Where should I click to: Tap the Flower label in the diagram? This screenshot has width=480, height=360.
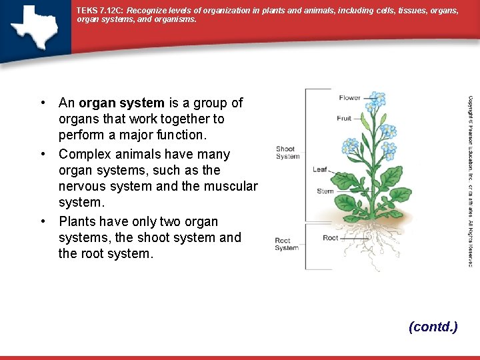[x=349, y=98]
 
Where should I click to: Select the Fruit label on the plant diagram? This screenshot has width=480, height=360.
[x=344, y=119]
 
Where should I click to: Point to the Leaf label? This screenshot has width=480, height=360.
[x=320, y=169]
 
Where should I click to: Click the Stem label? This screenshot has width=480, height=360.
[x=325, y=191]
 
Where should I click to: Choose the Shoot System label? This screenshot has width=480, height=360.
[x=287, y=153]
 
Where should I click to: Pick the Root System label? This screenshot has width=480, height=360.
[x=287, y=245]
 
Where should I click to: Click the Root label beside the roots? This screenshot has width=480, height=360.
[x=331, y=238]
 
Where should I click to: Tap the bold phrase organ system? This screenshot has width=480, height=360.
[x=121, y=103]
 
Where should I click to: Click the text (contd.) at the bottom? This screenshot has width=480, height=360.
[x=433, y=327]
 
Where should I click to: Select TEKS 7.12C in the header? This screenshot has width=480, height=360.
[x=99, y=11]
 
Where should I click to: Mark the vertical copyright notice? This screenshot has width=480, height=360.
[x=470, y=180]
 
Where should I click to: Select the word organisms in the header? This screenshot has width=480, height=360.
[x=176, y=20]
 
